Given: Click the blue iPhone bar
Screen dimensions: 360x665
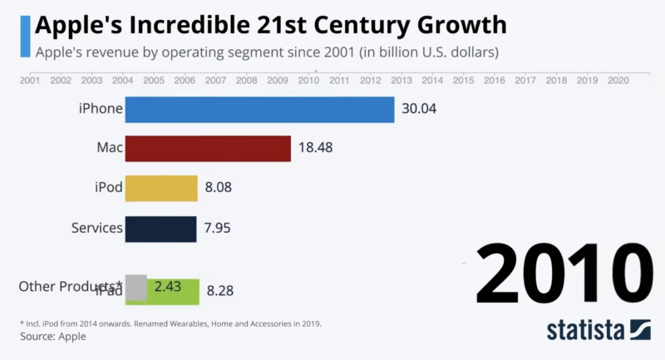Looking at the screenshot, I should tap(259, 110).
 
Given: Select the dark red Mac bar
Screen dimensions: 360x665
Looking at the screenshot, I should tap(208, 149).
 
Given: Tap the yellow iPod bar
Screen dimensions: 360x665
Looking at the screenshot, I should tap(161, 188).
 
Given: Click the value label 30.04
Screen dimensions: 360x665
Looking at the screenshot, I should tap(419, 110).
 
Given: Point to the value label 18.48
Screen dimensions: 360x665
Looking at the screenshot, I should tap(316, 149).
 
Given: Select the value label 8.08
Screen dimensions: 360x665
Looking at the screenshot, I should tap(218, 188).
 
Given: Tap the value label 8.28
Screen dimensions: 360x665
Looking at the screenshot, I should tap(219, 291).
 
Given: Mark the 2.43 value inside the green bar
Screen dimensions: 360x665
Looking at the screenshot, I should tap(170, 287).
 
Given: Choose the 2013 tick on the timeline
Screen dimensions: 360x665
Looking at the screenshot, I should tap(401, 81).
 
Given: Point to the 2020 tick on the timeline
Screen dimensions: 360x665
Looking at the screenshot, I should tap(618, 81).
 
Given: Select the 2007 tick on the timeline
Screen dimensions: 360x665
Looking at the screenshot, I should tap(215, 81).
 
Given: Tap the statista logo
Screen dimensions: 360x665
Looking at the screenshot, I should tap(598, 331).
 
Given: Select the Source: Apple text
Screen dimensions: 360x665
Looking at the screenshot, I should tap(53, 337).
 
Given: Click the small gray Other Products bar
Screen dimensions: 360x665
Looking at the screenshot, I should tap(135, 287).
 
